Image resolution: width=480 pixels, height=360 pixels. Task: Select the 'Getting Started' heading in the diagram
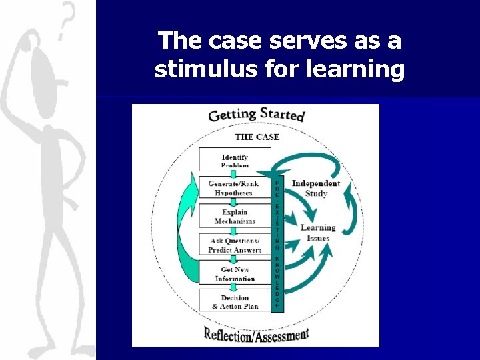(x=257, y=114)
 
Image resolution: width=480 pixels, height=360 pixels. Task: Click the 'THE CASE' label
(x=257, y=137)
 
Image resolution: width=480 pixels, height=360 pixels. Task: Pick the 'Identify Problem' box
(x=235, y=160)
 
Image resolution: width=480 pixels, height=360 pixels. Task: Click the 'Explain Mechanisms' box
(x=235, y=217)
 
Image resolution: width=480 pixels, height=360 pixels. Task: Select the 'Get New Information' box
(x=235, y=274)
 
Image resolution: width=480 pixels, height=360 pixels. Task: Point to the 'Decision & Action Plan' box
(x=235, y=301)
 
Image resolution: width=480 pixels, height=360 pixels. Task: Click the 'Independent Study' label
(x=316, y=188)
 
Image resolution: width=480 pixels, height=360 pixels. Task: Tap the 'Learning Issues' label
(x=318, y=232)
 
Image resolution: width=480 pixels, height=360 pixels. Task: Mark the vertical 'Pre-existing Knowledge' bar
(x=277, y=243)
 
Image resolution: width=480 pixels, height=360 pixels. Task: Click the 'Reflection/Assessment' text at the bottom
(x=257, y=335)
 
